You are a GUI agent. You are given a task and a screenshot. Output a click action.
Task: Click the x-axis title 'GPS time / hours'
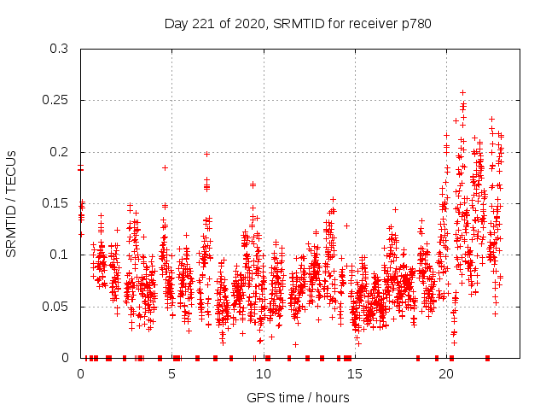pyautogui.click(x=298, y=397)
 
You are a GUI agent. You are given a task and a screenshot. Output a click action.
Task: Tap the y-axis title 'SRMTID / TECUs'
pyautogui.click(x=11, y=203)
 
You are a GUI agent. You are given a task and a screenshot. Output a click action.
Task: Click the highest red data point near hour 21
pyautogui.click(x=462, y=92)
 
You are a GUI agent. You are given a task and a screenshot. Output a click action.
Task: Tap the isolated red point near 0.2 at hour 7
pyautogui.click(x=206, y=155)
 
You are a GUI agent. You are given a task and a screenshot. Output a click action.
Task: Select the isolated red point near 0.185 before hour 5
pyautogui.click(x=165, y=167)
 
